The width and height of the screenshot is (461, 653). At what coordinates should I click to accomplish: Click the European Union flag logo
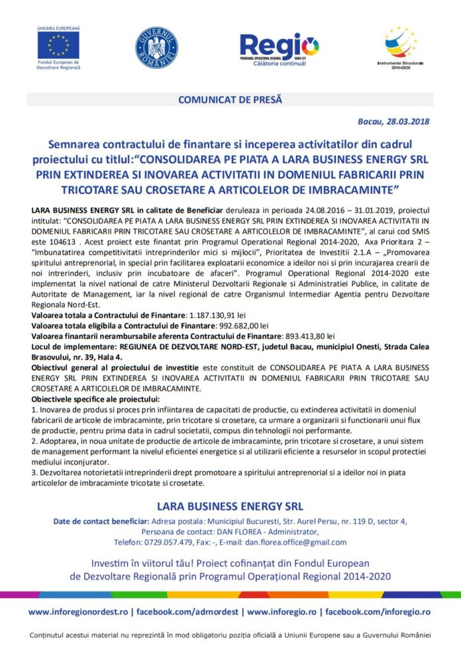pos(58,45)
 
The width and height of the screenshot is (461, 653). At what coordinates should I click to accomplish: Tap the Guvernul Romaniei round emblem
pos(156,47)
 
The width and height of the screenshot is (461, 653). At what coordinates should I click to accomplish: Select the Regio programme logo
pos(279,48)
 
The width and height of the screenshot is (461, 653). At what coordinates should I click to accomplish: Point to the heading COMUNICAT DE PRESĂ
pos(230,99)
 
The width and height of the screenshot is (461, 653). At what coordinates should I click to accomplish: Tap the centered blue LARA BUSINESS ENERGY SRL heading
pos(230,506)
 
